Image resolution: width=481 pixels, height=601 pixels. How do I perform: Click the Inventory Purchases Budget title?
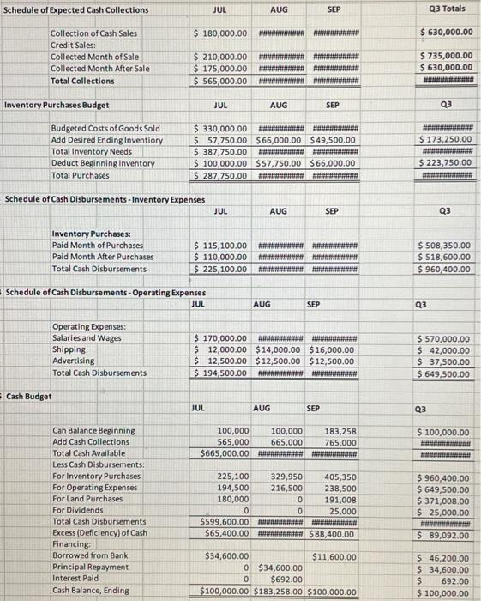(x=57, y=105)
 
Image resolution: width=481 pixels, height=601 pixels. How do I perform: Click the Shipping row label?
(x=69, y=349)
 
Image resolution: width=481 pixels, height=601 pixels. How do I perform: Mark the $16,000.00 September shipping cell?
(x=330, y=349)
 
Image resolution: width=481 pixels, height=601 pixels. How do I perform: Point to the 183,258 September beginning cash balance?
(x=340, y=431)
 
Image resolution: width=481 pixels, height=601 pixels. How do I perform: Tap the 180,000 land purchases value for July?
(x=232, y=498)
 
